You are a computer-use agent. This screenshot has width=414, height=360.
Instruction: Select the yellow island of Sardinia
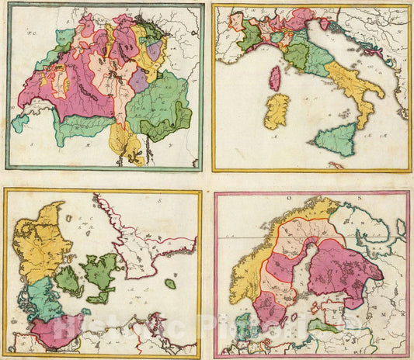coord(277,110)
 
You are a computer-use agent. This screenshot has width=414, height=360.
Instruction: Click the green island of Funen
coord(68,281)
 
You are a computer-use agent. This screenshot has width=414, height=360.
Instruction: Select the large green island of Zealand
coord(99,276)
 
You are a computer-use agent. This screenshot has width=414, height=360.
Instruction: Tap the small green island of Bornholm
coord(170,284)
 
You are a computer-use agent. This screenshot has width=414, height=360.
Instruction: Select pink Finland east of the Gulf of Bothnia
coord(343,272)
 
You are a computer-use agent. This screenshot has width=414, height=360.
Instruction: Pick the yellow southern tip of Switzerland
coord(127,144)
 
